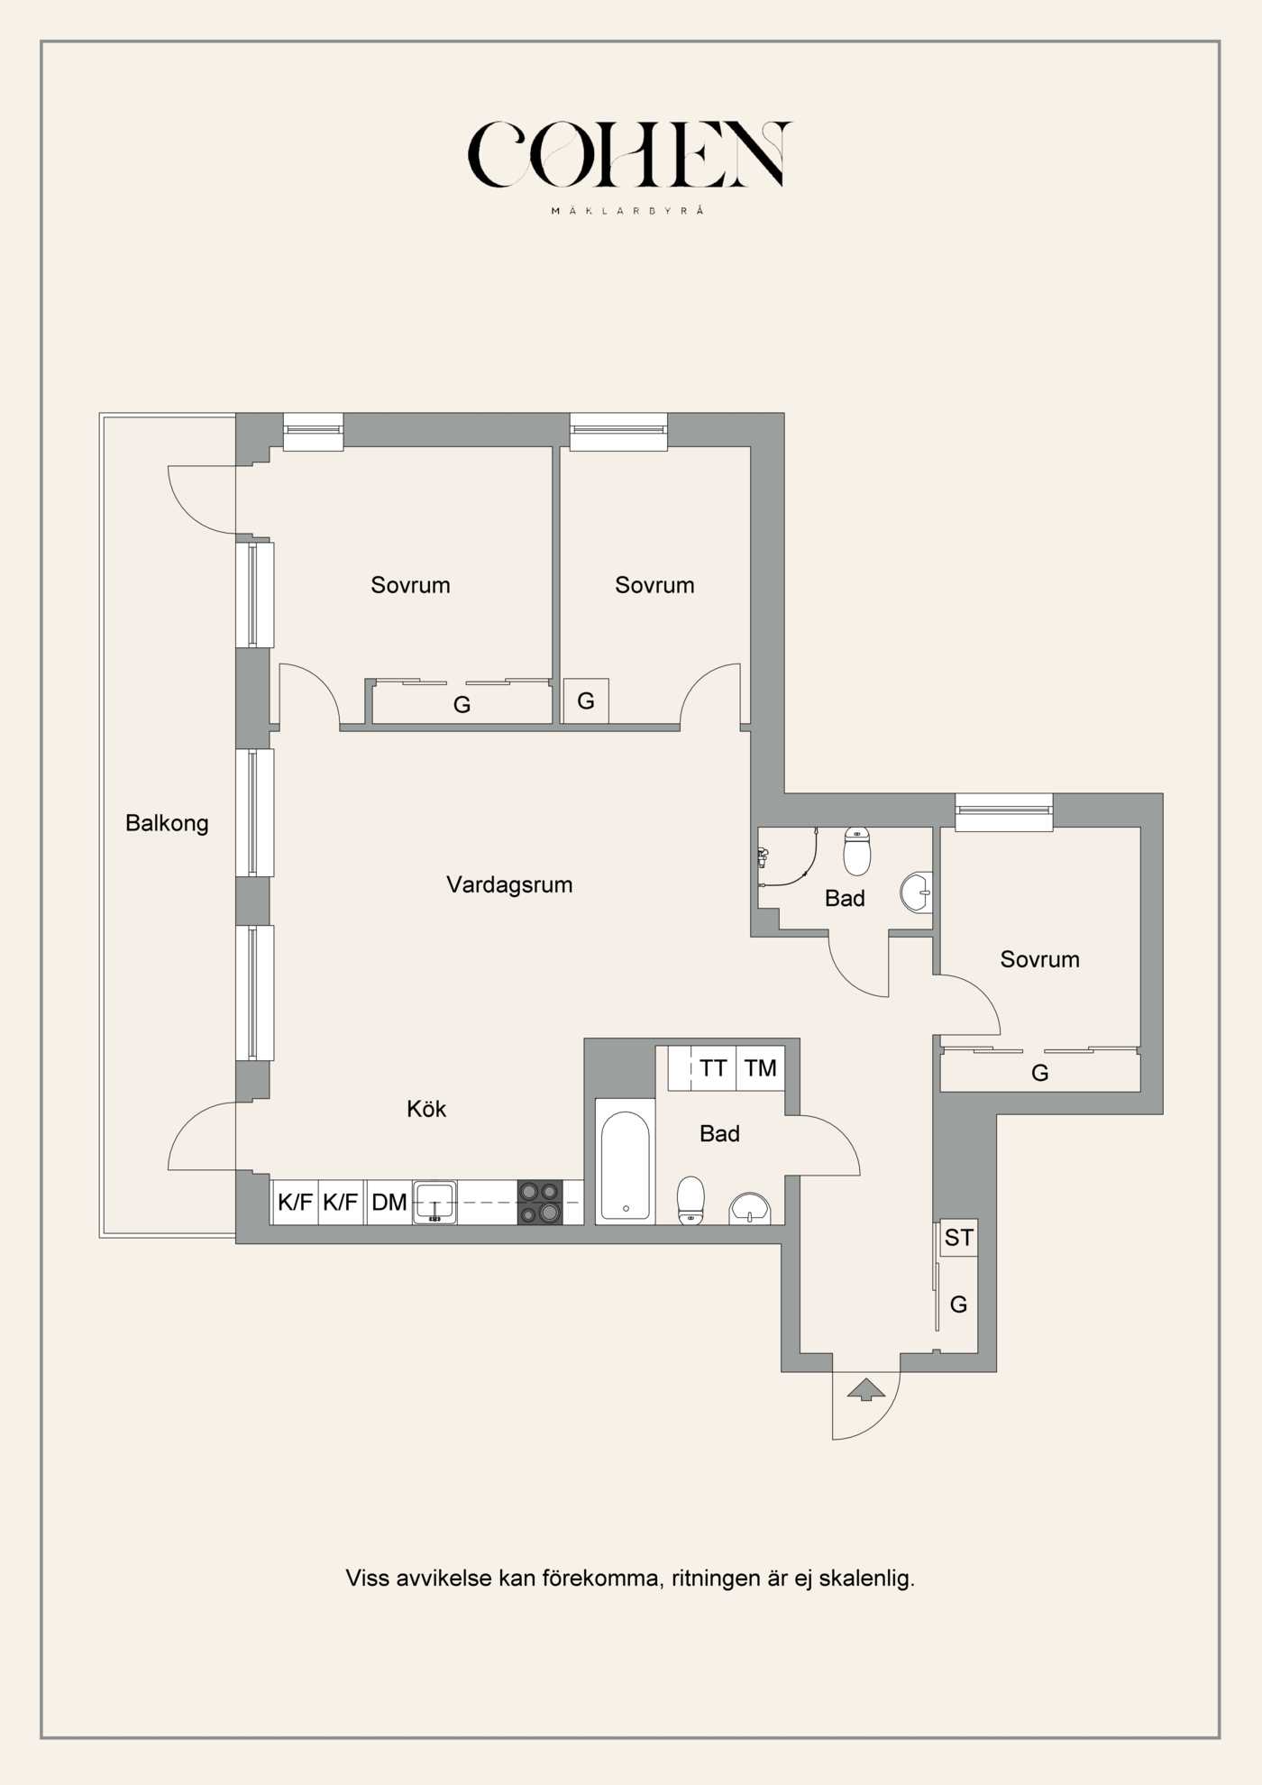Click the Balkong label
167,823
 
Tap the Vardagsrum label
509,884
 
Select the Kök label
426,1109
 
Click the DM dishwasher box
389,1202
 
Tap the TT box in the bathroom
713,1068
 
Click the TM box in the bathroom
761,1068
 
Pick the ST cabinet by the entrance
958,1239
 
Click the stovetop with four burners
540,1203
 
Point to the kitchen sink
434,1203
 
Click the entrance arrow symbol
866,1389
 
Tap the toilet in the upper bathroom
857,851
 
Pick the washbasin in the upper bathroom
916,892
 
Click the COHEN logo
629,154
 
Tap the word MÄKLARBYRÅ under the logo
627,211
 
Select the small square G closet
586,700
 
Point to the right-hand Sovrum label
1039,959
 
